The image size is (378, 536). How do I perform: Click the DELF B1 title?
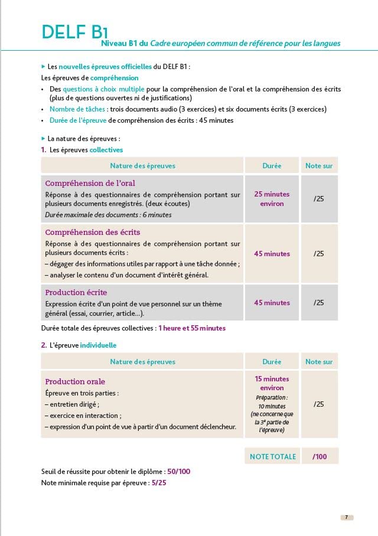coord(74,31)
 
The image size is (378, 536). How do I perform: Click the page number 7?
coord(347,517)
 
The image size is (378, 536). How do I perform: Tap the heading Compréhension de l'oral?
coord(90,183)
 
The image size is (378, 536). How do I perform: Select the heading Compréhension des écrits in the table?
coord(93,232)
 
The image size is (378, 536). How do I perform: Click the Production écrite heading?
coord(76,292)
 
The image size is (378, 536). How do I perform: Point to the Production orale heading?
coord(75,381)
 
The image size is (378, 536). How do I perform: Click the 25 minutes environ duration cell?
coord(272,198)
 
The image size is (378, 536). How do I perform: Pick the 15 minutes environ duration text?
coord(272,383)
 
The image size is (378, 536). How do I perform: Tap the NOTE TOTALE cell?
coord(273,456)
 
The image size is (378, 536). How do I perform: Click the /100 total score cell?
coord(319,456)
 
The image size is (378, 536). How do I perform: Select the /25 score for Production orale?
coord(319,404)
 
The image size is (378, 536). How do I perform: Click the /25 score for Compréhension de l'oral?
coord(319,199)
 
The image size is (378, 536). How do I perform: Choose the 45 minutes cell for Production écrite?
coord(272,303)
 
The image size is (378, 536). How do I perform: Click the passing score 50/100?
coord(178,472)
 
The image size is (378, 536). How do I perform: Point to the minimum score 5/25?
coord(159,482)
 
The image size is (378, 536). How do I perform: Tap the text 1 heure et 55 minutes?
coord(192,328)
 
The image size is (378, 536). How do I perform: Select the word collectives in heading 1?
coord(106,150)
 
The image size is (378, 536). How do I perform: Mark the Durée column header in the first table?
coord(272,166)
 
